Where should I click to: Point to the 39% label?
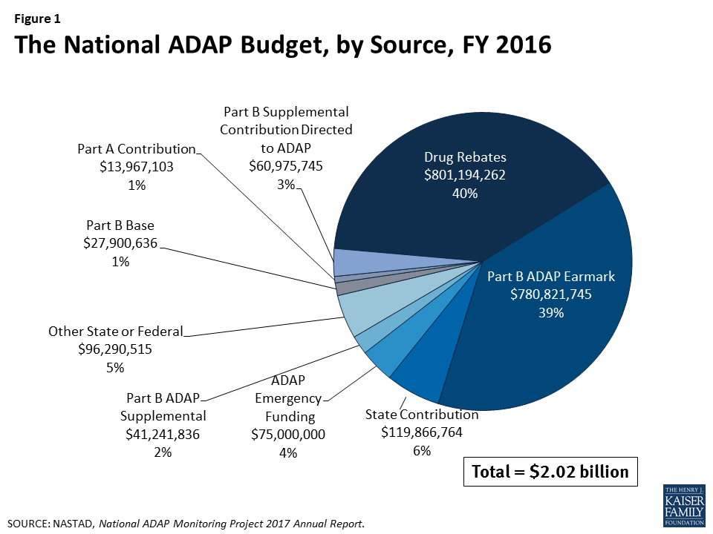tap(551, 313)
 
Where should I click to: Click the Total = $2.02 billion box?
tap(550, 471)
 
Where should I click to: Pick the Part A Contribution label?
tap(136, 149)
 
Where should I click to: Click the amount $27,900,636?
tap(121, 243)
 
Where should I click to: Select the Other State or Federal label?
tap(115, 332)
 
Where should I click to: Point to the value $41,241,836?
tap(162, 434)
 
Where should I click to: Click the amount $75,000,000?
tap(289, 435)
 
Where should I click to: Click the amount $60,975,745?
tap(286, 165)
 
